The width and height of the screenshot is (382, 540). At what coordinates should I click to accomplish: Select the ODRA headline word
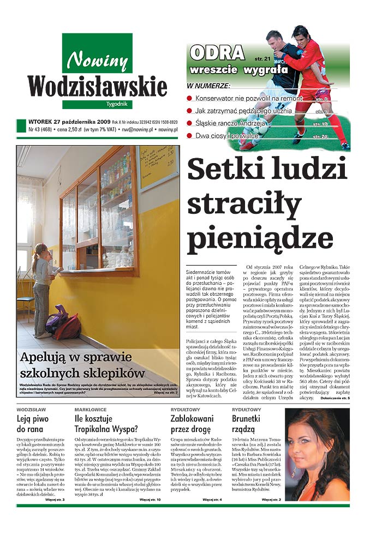point(217,53)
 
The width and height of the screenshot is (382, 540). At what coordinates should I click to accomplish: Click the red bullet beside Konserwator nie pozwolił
point(190,99)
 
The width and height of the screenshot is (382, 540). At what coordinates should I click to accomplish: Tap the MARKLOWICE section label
point(91,409)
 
